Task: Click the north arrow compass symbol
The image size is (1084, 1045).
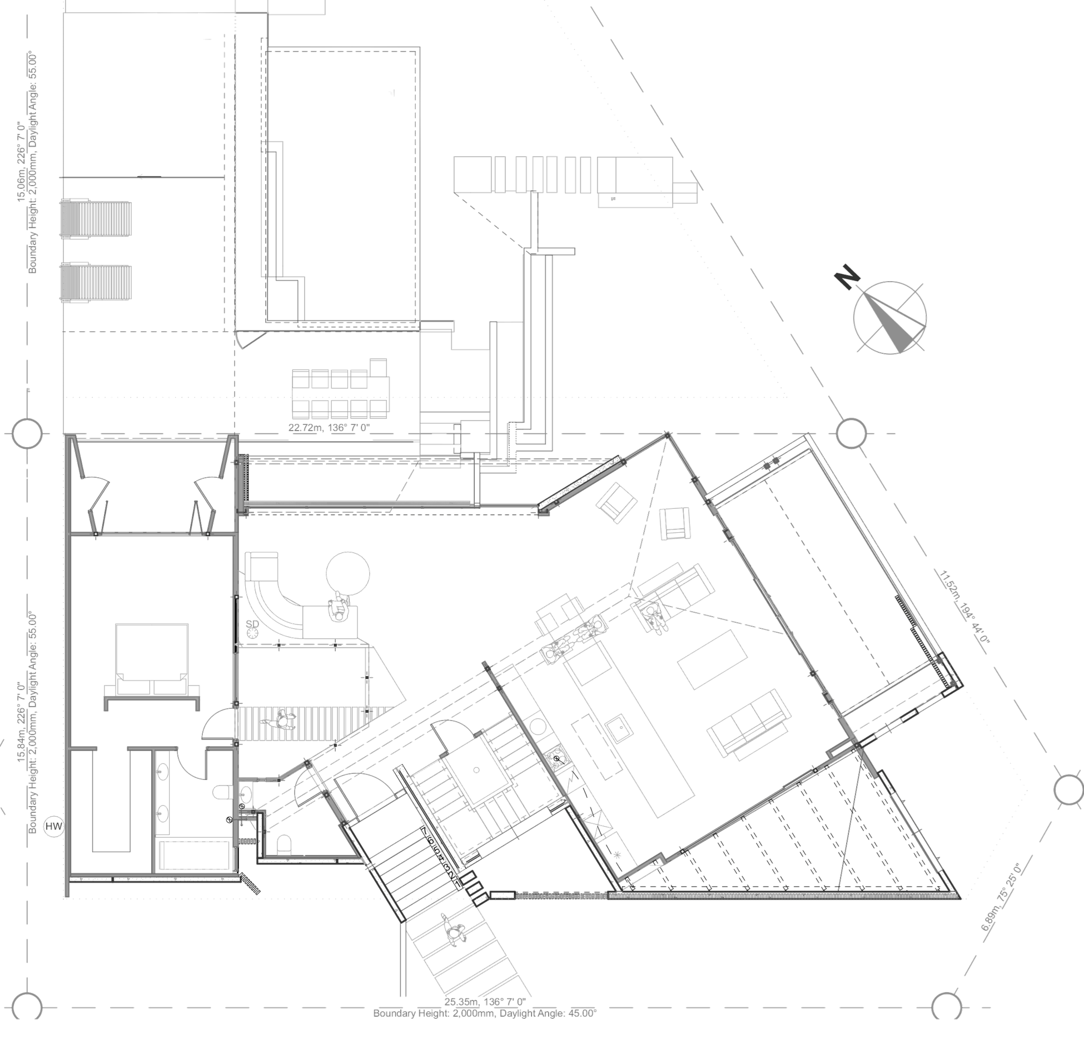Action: tap(890, 317)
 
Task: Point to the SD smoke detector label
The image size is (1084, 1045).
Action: tap(253, 627)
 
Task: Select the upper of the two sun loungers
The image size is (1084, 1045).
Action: tap(96, 220)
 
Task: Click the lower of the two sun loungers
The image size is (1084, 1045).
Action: tap(96, 282)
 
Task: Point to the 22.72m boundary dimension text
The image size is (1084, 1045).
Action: tap(329, 427)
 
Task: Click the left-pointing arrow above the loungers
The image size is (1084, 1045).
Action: tap(142, 177)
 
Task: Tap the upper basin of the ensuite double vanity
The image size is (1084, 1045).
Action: tap(163, 771)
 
